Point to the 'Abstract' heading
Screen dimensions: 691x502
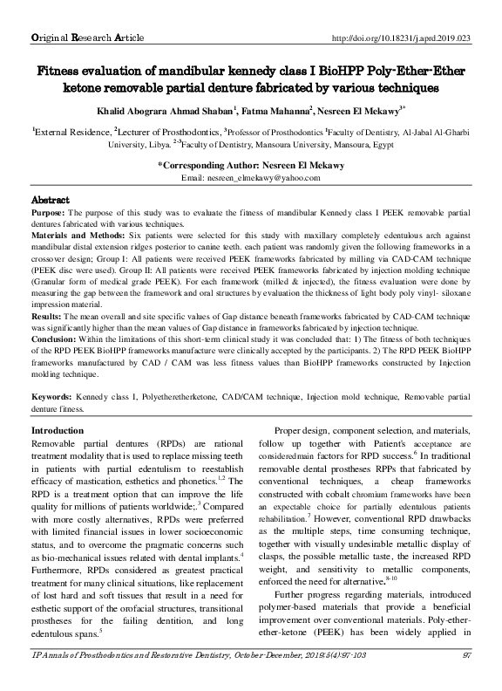[x=50, y=200]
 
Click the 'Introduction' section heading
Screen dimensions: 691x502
[x=58, y=432]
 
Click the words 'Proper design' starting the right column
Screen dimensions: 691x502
[x=303, y=432]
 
